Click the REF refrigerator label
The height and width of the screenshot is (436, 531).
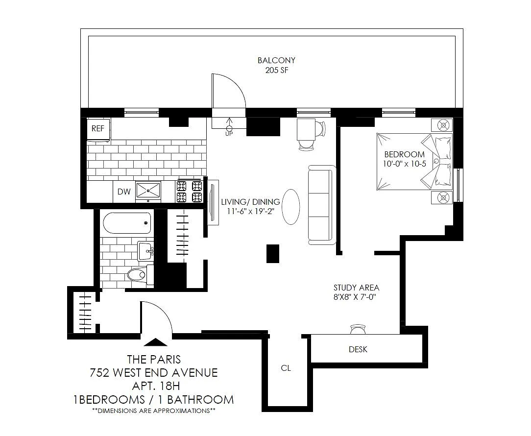(x=98, y=129)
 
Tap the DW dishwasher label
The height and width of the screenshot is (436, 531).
(x=124, y=192)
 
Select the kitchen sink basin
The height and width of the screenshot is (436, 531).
(x=148, y=191)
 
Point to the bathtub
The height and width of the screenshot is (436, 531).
(x=127, y=223)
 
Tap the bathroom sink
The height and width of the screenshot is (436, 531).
(x=145, y=251)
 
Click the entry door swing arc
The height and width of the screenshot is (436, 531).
(x=163, y=309)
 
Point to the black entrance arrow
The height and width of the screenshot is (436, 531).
(x=155, y=342)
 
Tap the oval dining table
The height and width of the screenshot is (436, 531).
(x=291, y=207)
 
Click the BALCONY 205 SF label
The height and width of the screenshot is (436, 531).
(x=276, y=65)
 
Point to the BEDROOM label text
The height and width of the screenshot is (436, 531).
(x=404, y=154)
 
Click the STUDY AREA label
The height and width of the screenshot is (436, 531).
(x=356, y=288)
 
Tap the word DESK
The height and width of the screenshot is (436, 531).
(x=358, y=349)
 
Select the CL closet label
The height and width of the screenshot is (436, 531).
(x=286, y=368)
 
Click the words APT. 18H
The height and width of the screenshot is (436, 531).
(x=155, y=386)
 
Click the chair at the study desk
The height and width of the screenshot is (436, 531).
(x=358, y=329)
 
